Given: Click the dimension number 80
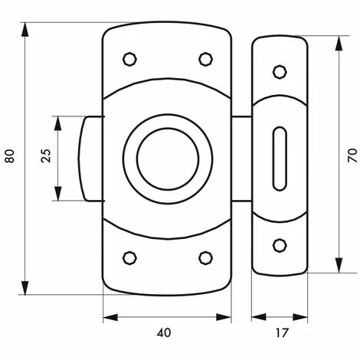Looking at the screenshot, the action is tap(9, 155).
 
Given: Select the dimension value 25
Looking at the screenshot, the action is tap(46, 155).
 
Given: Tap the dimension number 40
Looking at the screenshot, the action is tap(164, 332).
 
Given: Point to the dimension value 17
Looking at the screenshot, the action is tap(282, 332).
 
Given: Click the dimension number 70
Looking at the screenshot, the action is tap(352, 155).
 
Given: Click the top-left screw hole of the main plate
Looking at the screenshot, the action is tap(129, 59).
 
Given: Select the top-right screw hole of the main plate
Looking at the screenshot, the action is tap(205, 59).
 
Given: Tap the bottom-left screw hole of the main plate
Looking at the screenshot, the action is tap(129, 258).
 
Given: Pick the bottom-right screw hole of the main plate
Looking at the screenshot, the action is tap(205, 258).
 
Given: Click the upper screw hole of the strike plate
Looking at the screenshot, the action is tap(280, 72).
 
